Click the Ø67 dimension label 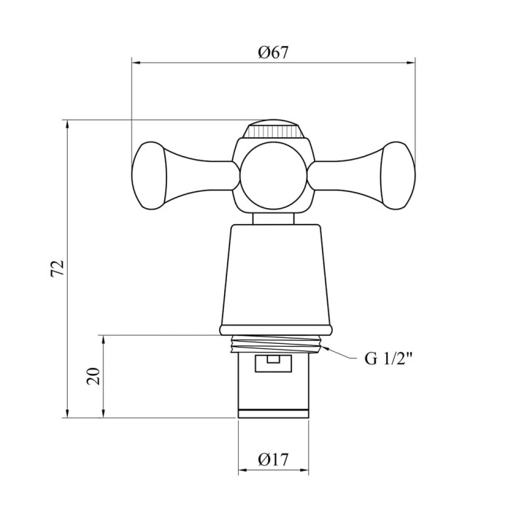(x=274, y=53)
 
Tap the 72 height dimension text (x=58, y=269)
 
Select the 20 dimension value (x=94, y=376)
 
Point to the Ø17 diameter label (x=274, y=460)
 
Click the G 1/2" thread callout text (x=388, y=359)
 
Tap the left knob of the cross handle (x=149, y=175)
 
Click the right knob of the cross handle (x=398, y=175)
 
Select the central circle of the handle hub (x=274, y=176)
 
